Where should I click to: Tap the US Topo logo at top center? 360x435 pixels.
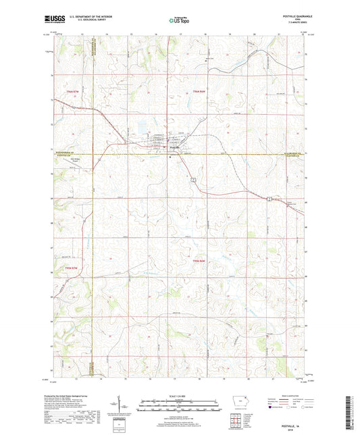(x=179, y=21)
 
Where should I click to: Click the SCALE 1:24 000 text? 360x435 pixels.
(x=180, y=396)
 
